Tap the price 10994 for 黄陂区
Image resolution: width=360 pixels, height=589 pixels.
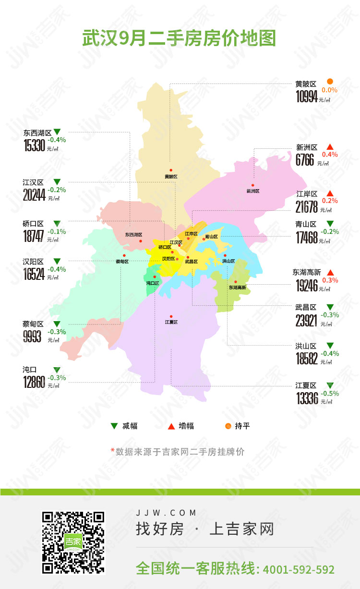pos(307,97)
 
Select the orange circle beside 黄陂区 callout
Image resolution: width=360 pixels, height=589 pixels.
pos(330,82)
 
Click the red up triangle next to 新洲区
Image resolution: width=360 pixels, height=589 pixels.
pos(330,147)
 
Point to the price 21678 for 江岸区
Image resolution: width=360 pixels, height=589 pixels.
pos(307,207)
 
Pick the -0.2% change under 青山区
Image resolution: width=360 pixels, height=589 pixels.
pos(330,231)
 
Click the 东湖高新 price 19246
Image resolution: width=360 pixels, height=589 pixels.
pos(307,286)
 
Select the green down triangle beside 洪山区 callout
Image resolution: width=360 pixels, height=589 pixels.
pos(330,346)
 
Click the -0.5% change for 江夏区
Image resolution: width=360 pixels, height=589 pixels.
pos(330,393)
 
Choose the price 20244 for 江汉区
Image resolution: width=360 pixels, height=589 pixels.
pos(34,195)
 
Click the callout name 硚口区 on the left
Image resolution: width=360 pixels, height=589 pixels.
pos(33,224)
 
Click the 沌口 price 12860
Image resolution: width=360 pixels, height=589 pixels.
pos(34,382)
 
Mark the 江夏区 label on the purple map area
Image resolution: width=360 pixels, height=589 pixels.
pos(171,322)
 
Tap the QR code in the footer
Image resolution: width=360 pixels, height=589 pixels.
pos(73,542)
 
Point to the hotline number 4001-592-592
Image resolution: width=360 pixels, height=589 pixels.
pos(299,569)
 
